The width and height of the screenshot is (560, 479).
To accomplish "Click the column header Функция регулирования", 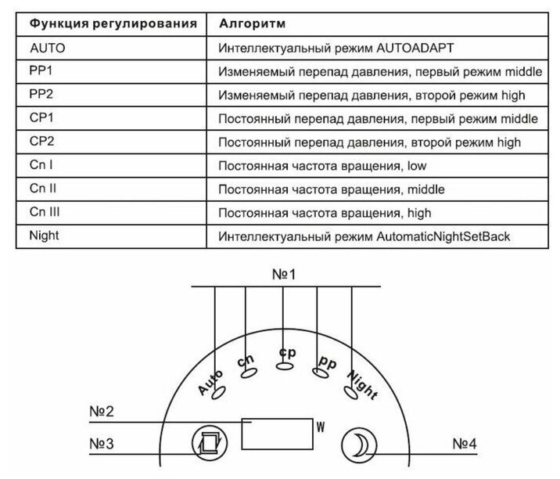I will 113,23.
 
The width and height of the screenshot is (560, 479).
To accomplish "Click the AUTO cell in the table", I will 48,47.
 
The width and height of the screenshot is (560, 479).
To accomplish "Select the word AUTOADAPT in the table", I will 415,48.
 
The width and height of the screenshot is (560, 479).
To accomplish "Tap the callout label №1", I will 285,275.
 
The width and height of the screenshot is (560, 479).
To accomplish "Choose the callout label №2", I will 100,412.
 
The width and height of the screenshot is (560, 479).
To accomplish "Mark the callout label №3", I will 100,443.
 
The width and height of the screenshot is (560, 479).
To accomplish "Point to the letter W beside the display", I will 320,427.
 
